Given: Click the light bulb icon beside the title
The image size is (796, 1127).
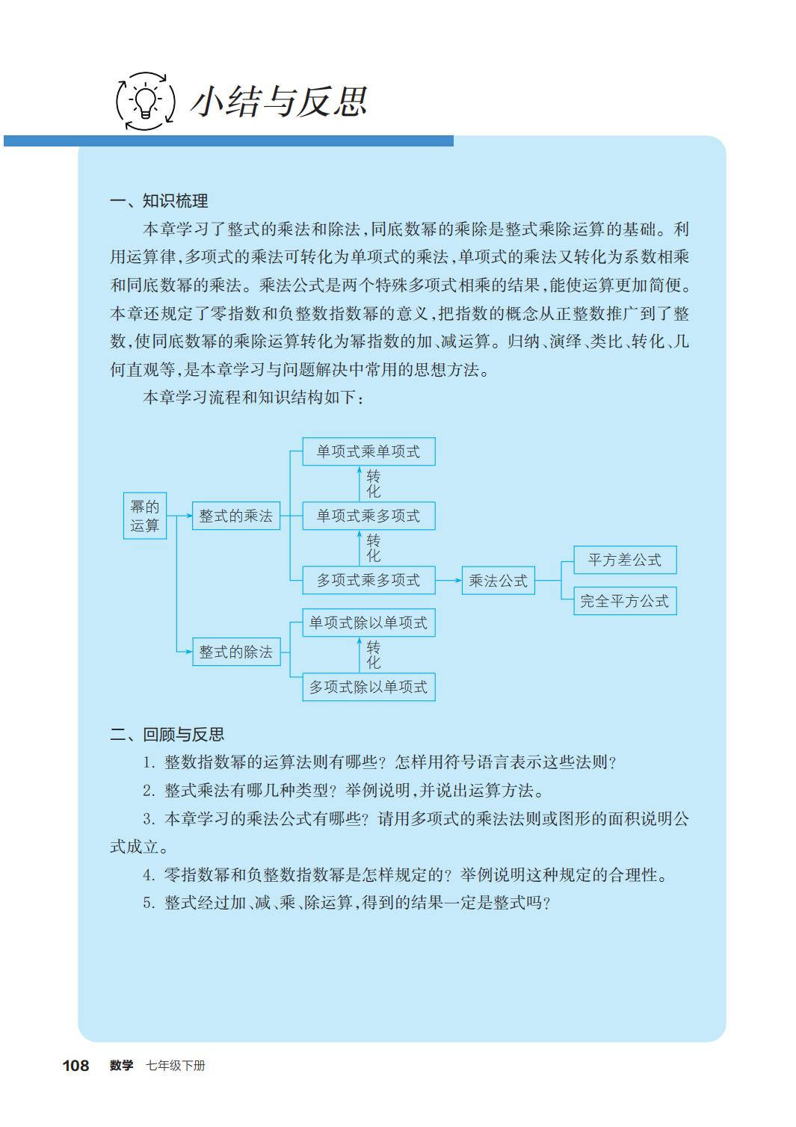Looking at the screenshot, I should [145, 101].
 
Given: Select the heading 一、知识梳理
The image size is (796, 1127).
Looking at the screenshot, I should [158, 201].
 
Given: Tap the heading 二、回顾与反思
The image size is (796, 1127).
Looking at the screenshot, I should [167, 735].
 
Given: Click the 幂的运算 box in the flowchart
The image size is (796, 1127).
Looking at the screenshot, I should [145, 516].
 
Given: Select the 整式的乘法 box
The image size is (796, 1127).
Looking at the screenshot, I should [236, 516].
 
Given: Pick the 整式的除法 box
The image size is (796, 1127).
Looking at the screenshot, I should [236, 652].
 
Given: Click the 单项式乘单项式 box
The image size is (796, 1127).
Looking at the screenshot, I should [368, 451].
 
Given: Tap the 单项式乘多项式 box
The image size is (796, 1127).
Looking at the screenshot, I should [368, 516].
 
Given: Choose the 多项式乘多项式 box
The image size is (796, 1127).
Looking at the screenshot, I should [368, 580].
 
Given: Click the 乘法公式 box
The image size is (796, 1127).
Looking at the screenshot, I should [498, 581].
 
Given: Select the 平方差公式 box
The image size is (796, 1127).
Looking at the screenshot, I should [625, 560].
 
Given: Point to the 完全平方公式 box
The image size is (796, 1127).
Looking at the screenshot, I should [625, 601].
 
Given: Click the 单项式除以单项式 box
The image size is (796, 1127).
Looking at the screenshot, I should [368, 623].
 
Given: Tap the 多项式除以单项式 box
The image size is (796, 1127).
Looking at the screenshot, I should [368, 687].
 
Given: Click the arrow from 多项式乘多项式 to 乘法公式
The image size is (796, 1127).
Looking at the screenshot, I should [448, 580].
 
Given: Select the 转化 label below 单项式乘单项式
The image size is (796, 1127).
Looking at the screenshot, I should [373, 484].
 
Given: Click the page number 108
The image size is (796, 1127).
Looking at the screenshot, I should [75, 1066].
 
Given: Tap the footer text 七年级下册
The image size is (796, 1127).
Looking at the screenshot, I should [176, 1066].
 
